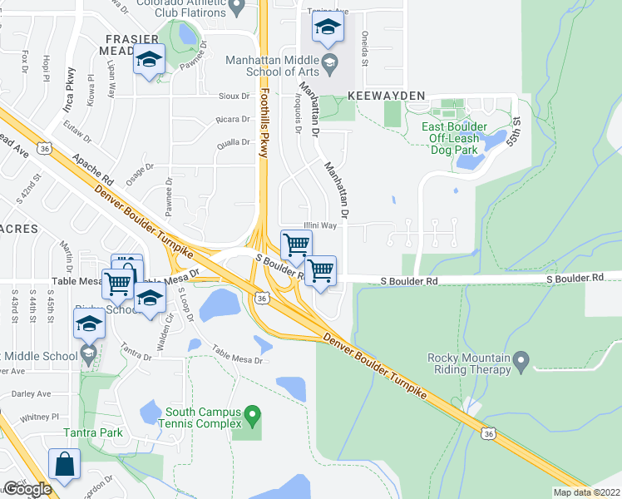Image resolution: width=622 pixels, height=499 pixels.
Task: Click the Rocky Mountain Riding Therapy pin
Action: click(521, 361)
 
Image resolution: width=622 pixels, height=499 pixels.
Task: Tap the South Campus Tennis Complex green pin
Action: click(255, 413)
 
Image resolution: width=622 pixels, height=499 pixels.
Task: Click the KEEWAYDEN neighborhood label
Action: click(387, 96)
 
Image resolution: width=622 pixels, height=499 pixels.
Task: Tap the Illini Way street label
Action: click(319, 225)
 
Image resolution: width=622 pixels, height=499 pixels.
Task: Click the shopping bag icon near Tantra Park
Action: click(64, 465)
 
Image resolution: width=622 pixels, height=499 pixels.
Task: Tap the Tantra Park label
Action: click(93, 432)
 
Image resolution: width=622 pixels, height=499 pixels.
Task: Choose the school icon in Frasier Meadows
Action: click(150, 60)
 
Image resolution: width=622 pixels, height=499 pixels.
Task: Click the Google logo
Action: click(27, 489)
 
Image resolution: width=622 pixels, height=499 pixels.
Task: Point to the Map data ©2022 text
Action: click(585, 492)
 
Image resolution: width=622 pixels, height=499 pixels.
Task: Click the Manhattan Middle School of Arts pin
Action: click(329, 62)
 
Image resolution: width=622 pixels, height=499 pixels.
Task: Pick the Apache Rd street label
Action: click(93, 168)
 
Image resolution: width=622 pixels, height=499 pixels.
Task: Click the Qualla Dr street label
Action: click(233, 142)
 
